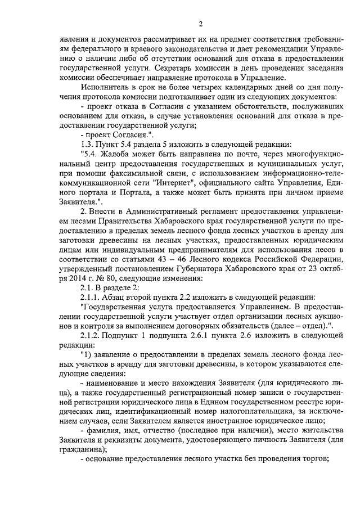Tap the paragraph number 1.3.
89,145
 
